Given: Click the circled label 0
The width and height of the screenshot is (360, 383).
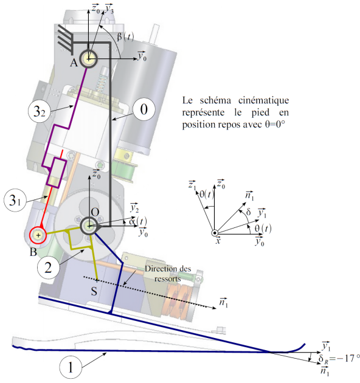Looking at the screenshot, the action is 144,109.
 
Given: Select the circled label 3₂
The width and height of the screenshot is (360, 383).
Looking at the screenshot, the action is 40,112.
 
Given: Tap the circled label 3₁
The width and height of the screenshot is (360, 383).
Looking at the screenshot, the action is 15,200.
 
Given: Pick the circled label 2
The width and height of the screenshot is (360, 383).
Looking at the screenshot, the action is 48,267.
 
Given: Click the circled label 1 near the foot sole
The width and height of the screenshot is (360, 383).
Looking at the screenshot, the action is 71,367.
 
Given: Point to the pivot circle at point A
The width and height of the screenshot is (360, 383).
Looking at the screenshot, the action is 88,58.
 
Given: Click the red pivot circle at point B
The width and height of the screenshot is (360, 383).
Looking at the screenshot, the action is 38,235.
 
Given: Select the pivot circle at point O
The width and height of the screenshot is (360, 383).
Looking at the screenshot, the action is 89,226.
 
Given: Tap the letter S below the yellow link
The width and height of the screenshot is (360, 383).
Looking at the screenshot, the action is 94,291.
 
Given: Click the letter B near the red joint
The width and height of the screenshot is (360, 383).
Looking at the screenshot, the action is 33,252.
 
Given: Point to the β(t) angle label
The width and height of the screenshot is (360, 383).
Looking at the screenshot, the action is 125,36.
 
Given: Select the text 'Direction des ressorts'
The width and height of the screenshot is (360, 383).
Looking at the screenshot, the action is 168,274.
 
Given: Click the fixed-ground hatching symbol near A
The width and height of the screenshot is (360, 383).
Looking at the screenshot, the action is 66,41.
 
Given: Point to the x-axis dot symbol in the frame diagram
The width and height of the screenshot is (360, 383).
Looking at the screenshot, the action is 215,233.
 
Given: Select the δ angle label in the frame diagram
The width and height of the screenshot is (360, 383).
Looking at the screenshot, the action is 248,212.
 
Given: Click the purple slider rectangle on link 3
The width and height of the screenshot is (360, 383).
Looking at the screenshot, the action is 57,173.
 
